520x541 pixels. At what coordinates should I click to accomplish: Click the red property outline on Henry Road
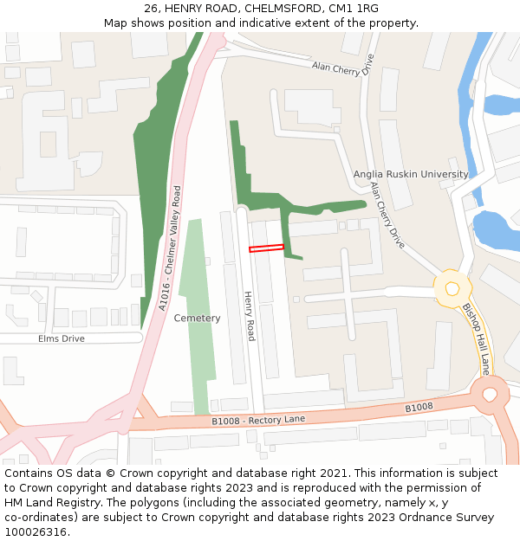click(266, 248)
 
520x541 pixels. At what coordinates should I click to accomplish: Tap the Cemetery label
click(197, 318)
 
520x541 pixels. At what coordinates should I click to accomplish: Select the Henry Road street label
click(250, 315)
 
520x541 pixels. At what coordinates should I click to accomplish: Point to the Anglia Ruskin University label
click(411, 174)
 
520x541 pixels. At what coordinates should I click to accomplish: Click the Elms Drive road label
click(62, 338)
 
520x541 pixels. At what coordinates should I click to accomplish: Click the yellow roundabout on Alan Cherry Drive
click(452, 289)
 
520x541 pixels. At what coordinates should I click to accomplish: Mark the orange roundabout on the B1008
click(491, 395)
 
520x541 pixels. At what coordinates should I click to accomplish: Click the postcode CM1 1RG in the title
click(355, 9)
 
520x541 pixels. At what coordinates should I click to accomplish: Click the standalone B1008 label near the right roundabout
click(419, 408)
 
